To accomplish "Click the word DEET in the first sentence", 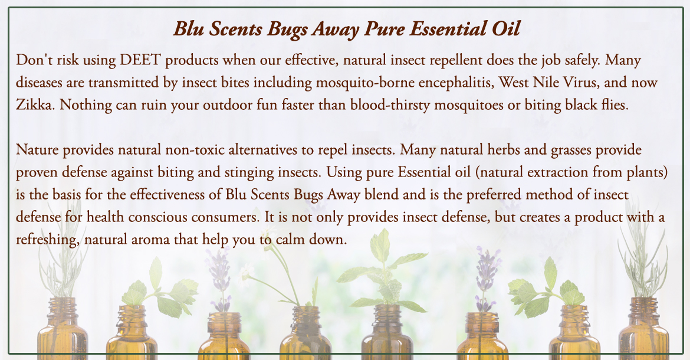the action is [x=140, y=60].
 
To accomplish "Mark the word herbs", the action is [x=504, y=150].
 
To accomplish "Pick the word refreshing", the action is [x=48, y=240].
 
